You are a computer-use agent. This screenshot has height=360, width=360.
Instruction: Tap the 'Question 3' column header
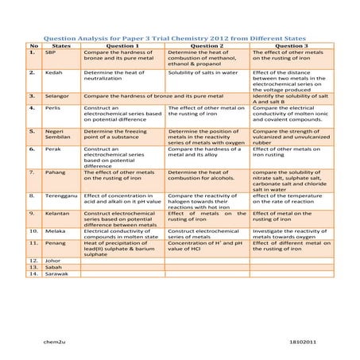(x=291, y=46)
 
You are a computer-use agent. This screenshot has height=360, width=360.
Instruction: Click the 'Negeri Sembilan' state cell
(x=56, y=133)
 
